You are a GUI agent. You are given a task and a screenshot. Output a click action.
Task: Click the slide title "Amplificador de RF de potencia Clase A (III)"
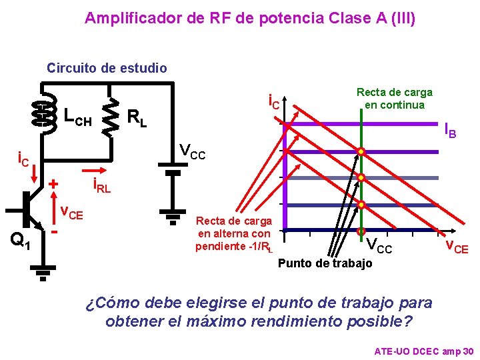coord(250,18)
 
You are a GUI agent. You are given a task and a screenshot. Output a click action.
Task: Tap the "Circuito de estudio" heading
coord(107,68)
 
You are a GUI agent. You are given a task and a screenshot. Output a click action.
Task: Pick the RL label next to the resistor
coord(137,119)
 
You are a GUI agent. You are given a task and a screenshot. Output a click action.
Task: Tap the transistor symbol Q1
coord(30,208)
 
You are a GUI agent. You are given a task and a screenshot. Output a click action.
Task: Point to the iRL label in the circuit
coord(101,186)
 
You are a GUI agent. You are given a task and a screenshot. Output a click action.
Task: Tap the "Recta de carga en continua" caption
coord(394,98)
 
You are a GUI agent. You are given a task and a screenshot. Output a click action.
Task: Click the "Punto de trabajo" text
coord(325,263)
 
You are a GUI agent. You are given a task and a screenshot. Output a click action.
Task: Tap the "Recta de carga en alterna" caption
coord(234,233)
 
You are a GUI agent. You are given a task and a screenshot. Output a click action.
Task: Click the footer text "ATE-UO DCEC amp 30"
coord(424,351)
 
